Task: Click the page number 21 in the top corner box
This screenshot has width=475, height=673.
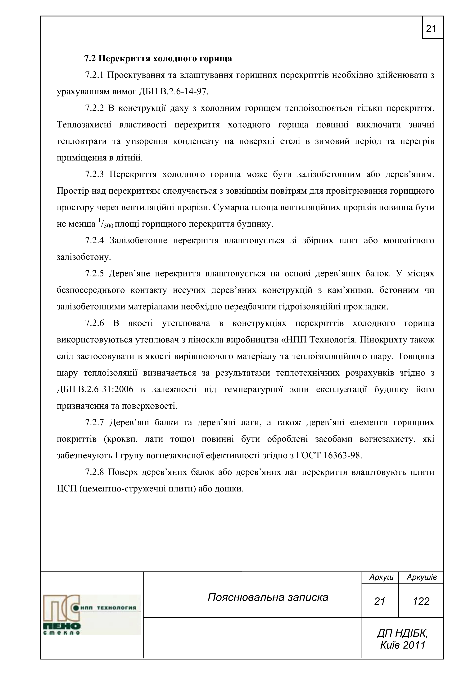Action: point(431,28)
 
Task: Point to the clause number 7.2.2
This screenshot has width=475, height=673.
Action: point(94,108)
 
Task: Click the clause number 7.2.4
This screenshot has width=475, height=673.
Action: point(94,240)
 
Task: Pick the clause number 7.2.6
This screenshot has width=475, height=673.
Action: point(94,323)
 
